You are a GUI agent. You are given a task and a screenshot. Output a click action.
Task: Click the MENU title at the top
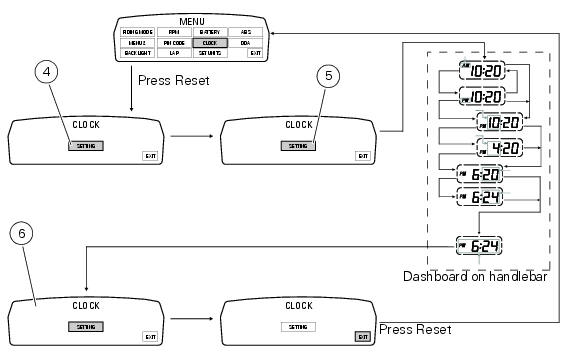point(191,21)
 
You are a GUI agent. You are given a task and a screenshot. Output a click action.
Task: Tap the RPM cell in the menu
point(174,32)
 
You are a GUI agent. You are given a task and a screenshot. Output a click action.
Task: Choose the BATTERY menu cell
point(209,32)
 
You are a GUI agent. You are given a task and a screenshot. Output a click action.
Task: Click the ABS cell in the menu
point(246,32)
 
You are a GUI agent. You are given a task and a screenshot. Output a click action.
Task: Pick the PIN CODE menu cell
point(174,43)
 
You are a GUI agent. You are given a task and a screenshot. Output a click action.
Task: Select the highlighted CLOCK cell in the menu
point(209,43)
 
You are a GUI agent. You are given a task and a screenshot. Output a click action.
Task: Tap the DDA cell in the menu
point(246,43)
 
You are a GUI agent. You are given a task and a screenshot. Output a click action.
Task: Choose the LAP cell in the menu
point(174,53)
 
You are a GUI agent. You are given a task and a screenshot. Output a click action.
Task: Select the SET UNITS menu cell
point(209,53)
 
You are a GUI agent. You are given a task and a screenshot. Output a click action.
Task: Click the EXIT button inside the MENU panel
point(255,53)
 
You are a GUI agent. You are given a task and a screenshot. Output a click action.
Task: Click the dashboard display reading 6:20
point(481,173)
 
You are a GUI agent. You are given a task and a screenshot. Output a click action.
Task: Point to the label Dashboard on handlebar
point(477,275)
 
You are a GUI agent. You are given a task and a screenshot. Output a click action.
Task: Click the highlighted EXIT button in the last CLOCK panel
point(362,337)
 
